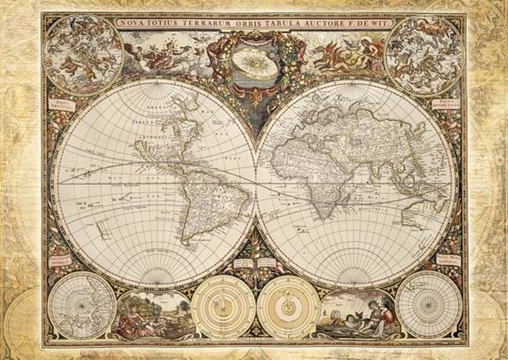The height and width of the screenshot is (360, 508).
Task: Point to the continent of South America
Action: point(194,200)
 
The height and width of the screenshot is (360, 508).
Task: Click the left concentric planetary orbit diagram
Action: point(223,307)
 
